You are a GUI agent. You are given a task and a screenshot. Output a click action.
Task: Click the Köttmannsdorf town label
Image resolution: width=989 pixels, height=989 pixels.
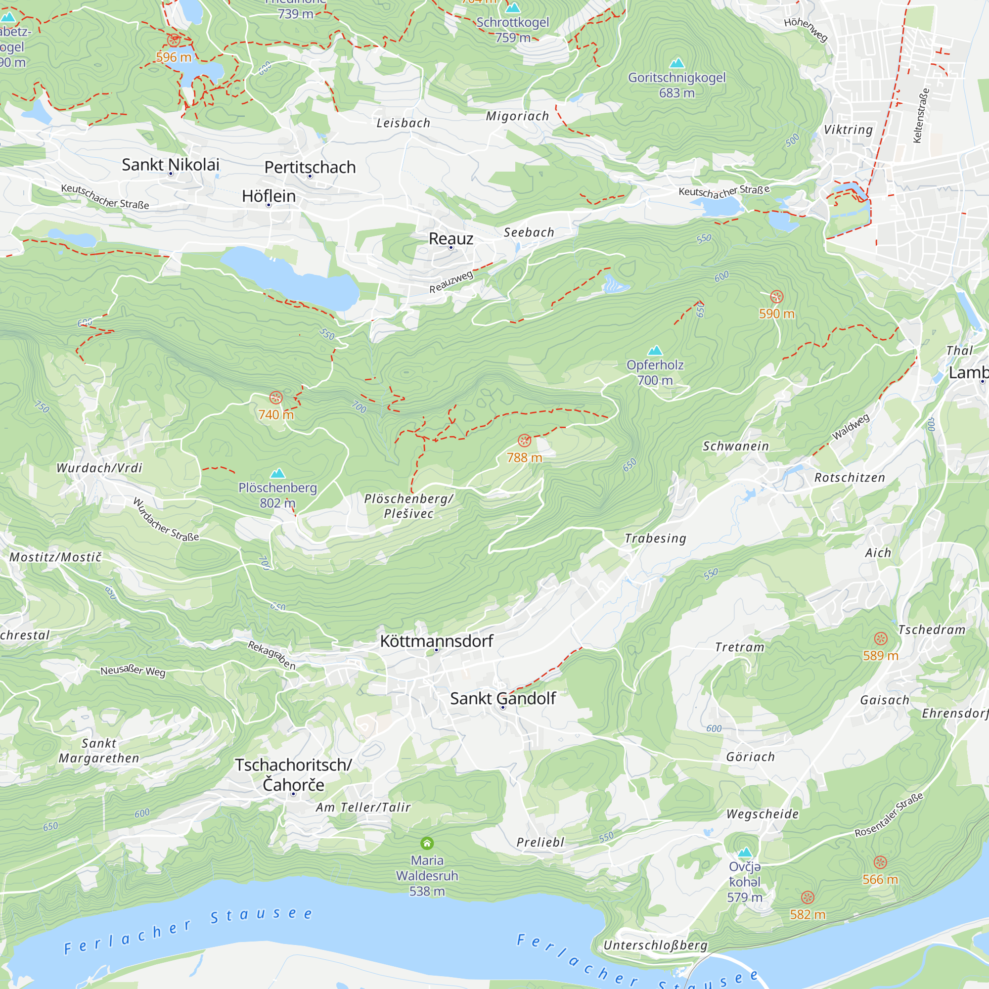click(x=436, y=641)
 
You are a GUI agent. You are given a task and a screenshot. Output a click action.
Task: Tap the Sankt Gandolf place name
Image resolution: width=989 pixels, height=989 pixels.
click(x=503, y=698)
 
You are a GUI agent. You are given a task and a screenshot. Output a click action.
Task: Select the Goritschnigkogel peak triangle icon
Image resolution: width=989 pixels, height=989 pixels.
click(x=677, y=63)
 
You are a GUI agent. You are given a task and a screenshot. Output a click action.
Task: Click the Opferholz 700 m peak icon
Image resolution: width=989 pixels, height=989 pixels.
click(x=655, y=351)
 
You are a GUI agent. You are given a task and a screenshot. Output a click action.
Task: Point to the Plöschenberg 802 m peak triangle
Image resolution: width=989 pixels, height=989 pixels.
click(x=277, y=473)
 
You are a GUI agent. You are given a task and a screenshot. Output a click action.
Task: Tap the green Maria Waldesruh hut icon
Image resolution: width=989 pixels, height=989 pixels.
click(x=427, y=843)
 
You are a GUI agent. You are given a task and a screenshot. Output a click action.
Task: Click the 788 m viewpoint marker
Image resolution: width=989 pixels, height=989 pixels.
click(x=524, y=440)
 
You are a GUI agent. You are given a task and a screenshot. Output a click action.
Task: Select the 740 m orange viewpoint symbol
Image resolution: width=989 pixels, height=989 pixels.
click(x=276, y=398)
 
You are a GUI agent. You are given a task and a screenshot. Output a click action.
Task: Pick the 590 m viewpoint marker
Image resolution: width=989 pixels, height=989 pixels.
click(x=776, y=296)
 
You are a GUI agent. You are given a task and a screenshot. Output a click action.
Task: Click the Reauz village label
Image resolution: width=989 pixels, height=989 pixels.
click(x=450, y=238)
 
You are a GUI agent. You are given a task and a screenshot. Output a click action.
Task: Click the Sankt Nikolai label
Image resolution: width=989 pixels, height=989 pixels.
click(x=171, y=164)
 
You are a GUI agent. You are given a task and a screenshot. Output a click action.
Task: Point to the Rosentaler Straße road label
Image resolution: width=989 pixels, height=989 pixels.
click(x=889, y=815)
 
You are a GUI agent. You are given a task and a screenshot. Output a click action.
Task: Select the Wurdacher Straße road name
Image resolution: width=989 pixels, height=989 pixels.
click(x=165, y=520)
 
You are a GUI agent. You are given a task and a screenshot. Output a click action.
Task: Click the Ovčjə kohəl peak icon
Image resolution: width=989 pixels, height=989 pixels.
click(x=745, y=853)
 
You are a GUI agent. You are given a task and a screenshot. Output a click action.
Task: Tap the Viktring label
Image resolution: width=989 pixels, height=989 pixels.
click(x=848, y=130)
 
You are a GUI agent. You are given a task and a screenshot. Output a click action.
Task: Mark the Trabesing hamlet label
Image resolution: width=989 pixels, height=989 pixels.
click(x=655, y=538)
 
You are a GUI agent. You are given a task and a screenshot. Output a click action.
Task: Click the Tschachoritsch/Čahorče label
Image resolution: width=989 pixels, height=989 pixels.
click(x=293, y=774)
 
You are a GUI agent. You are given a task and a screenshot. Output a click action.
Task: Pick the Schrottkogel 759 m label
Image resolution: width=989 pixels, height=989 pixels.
click(x=512, y=30)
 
